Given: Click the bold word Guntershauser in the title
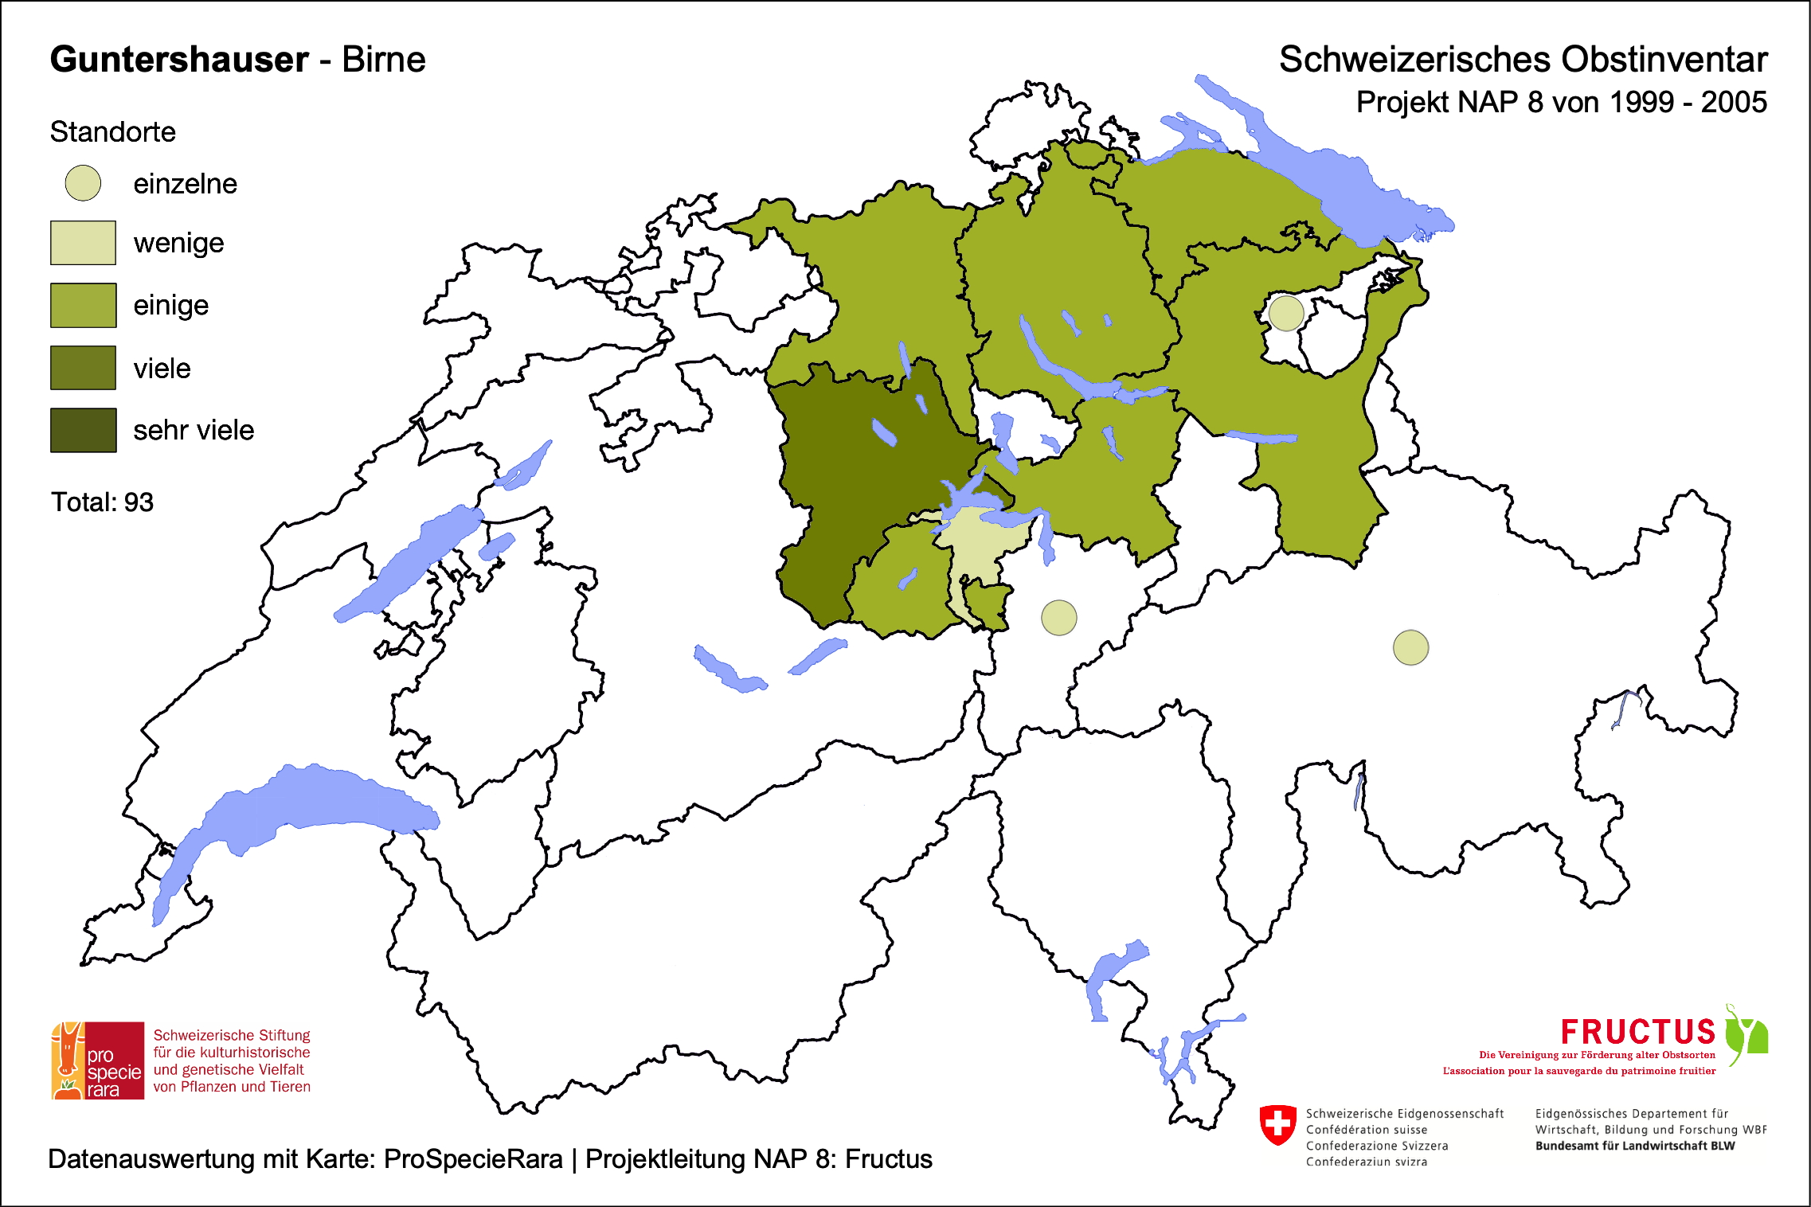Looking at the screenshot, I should point(179,60).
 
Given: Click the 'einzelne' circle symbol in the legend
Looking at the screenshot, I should point(83,183).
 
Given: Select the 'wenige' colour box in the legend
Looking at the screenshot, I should point(83,243).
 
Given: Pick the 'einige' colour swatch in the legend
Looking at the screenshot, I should point(83,305).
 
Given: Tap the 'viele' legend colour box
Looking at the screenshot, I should point(83,368).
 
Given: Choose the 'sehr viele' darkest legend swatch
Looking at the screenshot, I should point(83,430).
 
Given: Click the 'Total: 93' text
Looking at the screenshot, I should point(102,502).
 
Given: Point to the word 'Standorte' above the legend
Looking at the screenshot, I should point(112,132).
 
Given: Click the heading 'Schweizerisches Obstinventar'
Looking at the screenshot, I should point(1523,60).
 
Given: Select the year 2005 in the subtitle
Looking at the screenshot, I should point(1734,103).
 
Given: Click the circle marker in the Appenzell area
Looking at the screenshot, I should point(1285,313).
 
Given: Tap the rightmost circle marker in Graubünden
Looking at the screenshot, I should point(1410,647).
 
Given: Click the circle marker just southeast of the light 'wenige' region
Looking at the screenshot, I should point(1058,618).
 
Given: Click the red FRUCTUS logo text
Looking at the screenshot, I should point(1637,1033).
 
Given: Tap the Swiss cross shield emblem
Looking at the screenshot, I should point(1277,1124).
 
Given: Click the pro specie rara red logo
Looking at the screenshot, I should point(98,1061).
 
